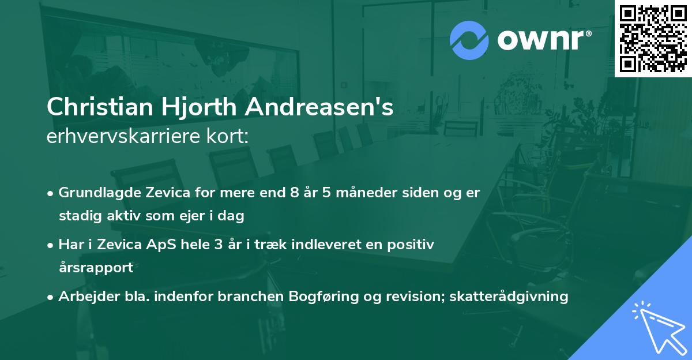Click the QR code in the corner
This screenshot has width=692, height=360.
coord(653,38)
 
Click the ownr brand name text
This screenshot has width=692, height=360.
coord(543,40)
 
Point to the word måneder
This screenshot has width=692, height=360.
coord(364,193)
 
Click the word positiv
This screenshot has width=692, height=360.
coord(412,245)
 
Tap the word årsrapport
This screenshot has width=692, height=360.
coord(96,268)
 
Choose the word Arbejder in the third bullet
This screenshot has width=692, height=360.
coord(84,297)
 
